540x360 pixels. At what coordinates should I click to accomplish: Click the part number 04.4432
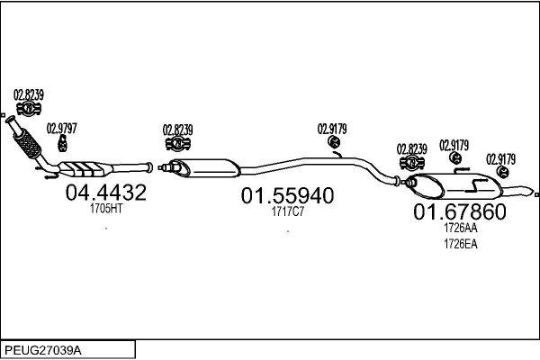coord(105,193)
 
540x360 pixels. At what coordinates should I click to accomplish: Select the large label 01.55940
coord(287,195)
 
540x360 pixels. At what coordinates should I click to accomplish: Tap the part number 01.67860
coord(460,211)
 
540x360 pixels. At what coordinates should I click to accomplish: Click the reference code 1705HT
coord(106,209)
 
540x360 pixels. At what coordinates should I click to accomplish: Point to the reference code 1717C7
coord(288,211)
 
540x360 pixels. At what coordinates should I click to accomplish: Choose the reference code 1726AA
coord(461,228)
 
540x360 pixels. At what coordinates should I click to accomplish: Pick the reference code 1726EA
coord(461,244)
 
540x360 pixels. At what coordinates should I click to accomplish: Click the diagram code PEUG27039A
coord(43,350)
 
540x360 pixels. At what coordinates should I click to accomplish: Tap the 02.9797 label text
coord(61,129)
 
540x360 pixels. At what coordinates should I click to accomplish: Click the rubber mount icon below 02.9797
coord(62,143)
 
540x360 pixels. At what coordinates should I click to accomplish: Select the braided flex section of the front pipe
coord(27,144)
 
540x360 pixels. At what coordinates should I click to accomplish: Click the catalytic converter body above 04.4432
coord(85,168)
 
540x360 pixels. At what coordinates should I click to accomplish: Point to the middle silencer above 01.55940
coord(205,167)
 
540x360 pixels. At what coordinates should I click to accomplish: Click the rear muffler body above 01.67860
coord(454,186)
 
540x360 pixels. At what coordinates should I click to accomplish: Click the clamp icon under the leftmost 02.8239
coord(29,109)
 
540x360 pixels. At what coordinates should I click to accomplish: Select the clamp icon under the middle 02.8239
coord(178,144)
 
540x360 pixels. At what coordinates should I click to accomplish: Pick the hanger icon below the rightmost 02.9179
coord(503,172)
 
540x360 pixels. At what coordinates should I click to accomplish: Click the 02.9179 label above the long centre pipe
coord(332,130)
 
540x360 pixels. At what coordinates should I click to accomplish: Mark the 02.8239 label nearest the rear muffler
coord(412,149)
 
